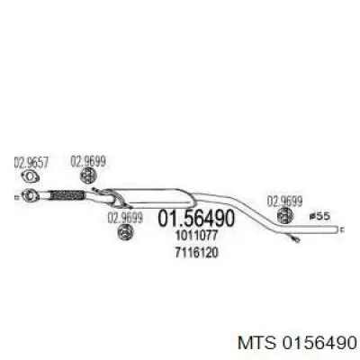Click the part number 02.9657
point(31,162)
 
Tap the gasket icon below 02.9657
point(31,176)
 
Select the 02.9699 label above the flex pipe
point(88,161)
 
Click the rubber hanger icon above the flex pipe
point(88,175)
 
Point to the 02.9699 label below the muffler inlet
point(125,218)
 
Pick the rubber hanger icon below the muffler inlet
point(126,232)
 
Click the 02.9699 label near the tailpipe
point(284,202)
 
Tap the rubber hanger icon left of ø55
point(285,215)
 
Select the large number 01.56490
point(195,218)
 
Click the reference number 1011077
point(196,236)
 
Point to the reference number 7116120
point(196,253)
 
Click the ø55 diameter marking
point(319,216)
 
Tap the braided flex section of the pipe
point(67,195)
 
